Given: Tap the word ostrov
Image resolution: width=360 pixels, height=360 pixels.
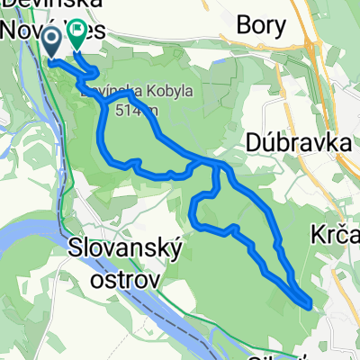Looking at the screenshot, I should [126, 277].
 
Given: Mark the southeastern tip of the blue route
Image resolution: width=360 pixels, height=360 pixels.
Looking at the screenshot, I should [310, 304].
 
